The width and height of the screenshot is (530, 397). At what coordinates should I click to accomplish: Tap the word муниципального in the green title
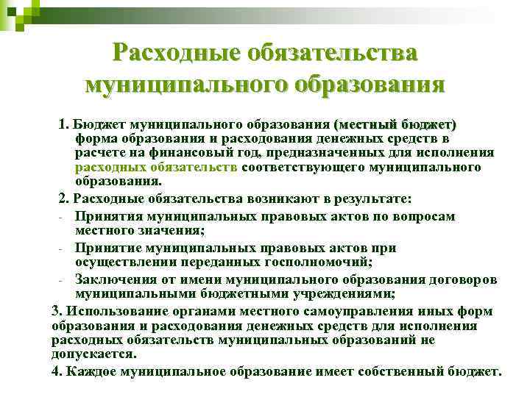186,85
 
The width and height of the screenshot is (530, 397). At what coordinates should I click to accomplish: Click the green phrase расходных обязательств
156,167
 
